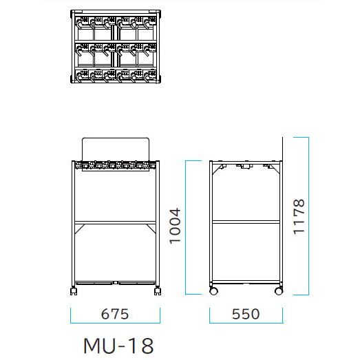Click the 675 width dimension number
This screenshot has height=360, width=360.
pos(115,314)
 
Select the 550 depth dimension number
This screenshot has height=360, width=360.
pos(246,314)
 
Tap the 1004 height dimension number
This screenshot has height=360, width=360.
pos(175,226)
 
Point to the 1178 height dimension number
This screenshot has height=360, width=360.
pos(299,217)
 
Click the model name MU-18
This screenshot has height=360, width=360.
pos(118,346)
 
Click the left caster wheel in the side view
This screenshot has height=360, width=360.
pos(213,291)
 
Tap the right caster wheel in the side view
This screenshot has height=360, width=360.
pos(279,291)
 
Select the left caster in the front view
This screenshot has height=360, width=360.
pos(74,291)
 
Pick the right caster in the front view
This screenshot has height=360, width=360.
pos(158,291)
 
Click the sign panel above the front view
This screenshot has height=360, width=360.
pos(116,149)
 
